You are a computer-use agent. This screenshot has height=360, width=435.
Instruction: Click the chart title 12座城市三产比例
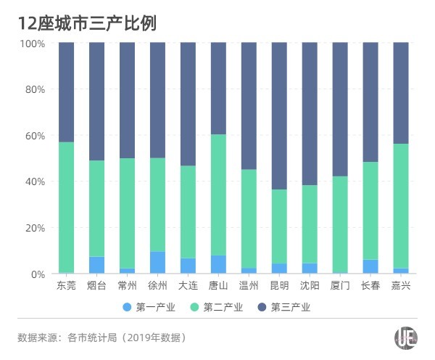(x=87, y=22)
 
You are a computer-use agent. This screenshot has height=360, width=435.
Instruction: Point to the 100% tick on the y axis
(x=32, y=44)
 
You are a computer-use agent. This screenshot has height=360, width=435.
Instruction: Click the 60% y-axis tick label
(x=34, y=136)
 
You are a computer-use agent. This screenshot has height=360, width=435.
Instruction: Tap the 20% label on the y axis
(x=34, y=228)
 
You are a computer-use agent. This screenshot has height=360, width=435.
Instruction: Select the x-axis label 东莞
(x=66, y=285)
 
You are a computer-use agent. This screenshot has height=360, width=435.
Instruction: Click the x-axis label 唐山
(x=218, y=285)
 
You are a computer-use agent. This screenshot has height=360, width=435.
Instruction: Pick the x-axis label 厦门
(x=340, y=285)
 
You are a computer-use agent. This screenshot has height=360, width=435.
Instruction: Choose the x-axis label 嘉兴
(x=401, y=285)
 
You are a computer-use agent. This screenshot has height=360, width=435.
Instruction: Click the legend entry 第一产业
(x=150, y=307)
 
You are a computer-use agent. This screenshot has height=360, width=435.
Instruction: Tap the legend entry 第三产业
(x=291, y=307)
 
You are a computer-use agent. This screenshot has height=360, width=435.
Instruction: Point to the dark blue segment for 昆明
(x=279, y=116)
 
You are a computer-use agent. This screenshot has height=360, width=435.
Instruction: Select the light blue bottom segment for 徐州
(x=157, y=263)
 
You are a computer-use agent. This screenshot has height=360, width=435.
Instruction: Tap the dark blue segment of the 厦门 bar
(x=340, y=109)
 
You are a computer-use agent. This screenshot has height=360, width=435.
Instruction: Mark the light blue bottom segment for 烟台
(x=96, y=265)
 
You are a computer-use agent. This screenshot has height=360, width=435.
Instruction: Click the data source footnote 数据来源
(x=101, y=337)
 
